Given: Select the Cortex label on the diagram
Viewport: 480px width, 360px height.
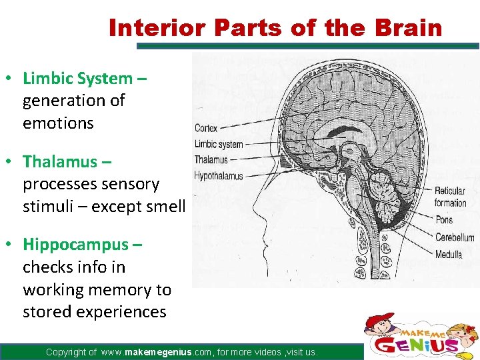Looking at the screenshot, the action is (x=206, y=128).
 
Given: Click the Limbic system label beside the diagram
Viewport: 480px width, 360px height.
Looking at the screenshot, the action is (x=218, y=144).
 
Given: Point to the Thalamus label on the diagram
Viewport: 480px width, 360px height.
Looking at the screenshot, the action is (x=211, y=160).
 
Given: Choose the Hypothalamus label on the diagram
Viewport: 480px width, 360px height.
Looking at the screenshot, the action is (x=218, y=176).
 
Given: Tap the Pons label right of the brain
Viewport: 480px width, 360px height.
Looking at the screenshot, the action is (x=443, y=220).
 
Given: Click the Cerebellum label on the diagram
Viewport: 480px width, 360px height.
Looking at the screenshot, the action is (x=454, y=237).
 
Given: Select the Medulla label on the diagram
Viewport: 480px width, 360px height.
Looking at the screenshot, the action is (x=448, y=254).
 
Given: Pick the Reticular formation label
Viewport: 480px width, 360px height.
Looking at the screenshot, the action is (x=450, y=197).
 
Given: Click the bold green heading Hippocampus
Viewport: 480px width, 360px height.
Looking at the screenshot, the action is (x=77, y=244).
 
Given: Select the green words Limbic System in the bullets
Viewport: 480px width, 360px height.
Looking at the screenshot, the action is (x=78, y=78).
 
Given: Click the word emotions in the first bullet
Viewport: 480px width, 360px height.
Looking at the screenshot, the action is (x=58, y=123).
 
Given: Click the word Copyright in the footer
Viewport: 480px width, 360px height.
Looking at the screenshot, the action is (x=71, y=352).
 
